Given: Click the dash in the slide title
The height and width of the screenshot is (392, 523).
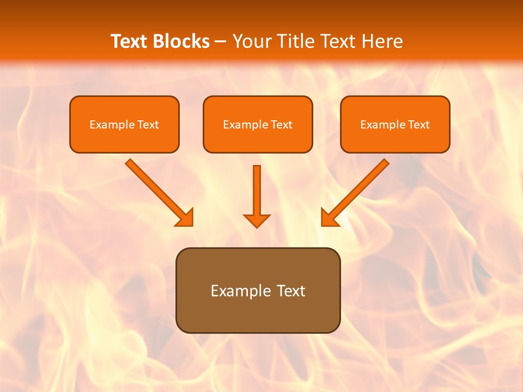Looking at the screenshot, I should [x=221, y=42].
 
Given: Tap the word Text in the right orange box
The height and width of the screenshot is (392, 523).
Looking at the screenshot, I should [x=419, y=125].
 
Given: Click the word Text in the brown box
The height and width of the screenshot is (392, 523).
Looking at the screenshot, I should [x=291, y=291].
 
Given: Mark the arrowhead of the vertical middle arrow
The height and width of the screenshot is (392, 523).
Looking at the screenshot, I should [x=257, y=220].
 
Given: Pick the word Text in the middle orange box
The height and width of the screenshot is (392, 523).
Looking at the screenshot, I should [x=282, y=125].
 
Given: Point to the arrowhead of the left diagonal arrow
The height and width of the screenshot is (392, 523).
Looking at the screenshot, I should [x=185, y=218].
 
